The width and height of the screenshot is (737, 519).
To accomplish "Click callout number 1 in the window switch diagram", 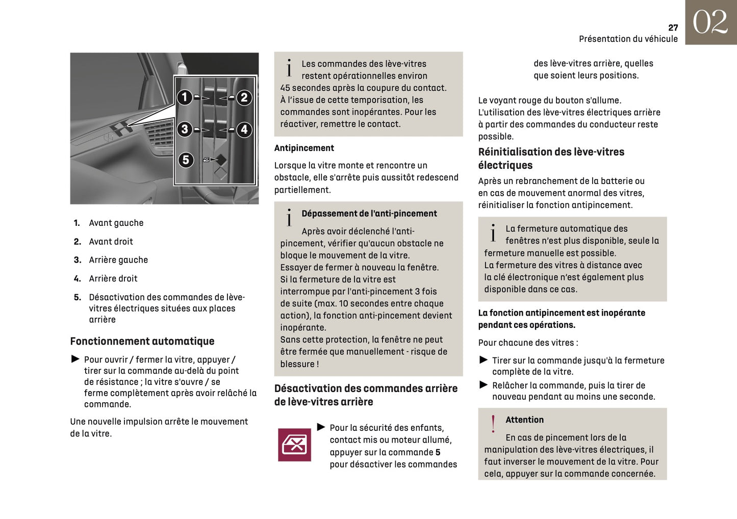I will coord(185,97).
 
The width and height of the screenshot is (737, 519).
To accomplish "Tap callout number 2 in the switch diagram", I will coord(244,97).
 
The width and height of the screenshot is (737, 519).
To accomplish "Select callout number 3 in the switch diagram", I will coord(185,129).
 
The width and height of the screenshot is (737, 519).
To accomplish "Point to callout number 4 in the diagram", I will coord(244,129).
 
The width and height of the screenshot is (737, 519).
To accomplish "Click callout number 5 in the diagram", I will coord(186,160).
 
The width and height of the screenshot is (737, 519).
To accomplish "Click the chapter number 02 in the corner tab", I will coord(710,22).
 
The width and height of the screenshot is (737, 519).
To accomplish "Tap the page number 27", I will coord(673,28).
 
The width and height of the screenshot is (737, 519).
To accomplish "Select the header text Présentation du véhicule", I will coord(628,39).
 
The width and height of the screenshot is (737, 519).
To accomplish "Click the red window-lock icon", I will coord(294,445).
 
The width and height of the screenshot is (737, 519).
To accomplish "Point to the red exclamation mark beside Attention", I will coord(493,424).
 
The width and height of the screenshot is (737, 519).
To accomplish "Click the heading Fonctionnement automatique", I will coord(142,341).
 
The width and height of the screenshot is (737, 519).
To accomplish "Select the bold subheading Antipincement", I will coord(304,148).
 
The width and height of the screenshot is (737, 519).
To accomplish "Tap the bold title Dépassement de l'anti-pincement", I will coord(369,214).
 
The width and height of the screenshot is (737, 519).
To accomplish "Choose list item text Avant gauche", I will coord(116,223).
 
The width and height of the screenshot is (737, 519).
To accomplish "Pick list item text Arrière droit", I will coord(113,278).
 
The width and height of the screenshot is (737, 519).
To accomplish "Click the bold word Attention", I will coord(524,420).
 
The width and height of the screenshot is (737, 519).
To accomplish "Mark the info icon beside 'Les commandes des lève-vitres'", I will coord(289,68).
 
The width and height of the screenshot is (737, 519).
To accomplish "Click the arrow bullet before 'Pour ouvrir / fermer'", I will coord(75,359).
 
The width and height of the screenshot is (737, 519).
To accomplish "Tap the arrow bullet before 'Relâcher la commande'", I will coord(484,385).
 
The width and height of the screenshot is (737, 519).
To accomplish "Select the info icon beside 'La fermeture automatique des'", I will coord(493,233).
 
